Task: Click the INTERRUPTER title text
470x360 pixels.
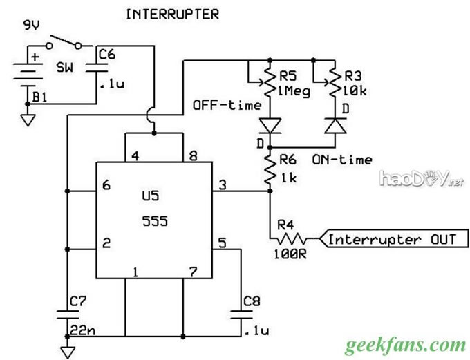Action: (x=171, y=14)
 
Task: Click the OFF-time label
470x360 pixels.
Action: (x=227, y=106)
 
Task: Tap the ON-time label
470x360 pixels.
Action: (x=341, y=160)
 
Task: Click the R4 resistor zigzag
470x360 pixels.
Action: (x=290, y=239)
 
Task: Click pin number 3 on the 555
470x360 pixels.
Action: (x=223, y=184)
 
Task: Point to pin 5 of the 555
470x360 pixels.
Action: (x=223, y=243)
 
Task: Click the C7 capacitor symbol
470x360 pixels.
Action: (x=67, y=313)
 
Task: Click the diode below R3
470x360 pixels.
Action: (x=335, y=126)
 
